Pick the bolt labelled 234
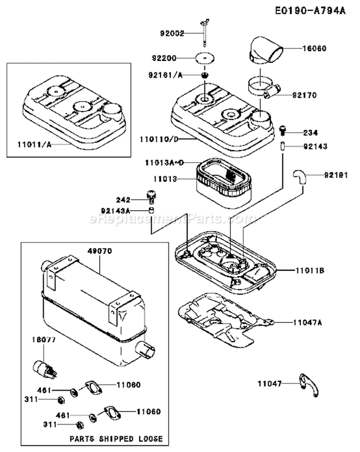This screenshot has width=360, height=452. point(283,129)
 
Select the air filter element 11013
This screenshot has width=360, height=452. point(220,180)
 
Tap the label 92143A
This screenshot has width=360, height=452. point(117,210)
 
